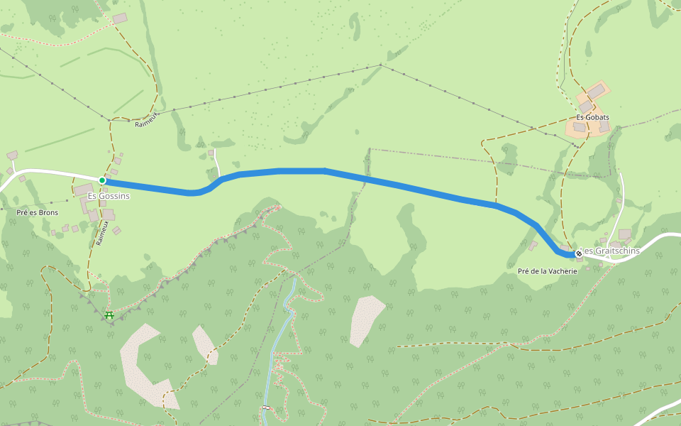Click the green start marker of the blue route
pyautogui.click(x=102, y=181)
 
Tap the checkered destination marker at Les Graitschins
pyautogui.click(x=579, y=253)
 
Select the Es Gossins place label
pyautogui.click(x=109, y=195)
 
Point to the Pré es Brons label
pyautogui.click(x=37, y=212)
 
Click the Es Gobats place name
pyautogui.click(x=592, y=117)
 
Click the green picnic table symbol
pyautogui.click(x=109, y=315)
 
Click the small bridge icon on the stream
pyautogui.click(x=266, y=407)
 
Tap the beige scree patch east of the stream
pyautogui.click(x=366, y=319)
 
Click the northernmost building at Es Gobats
pyautogui.click(x=598, y=90)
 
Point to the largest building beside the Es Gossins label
pyautogui.click(x=84, y=190)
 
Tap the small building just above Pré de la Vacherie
pyautogui.click(x=533, y=246)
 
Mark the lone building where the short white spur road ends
pyautogui.click(x=211, y=153)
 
